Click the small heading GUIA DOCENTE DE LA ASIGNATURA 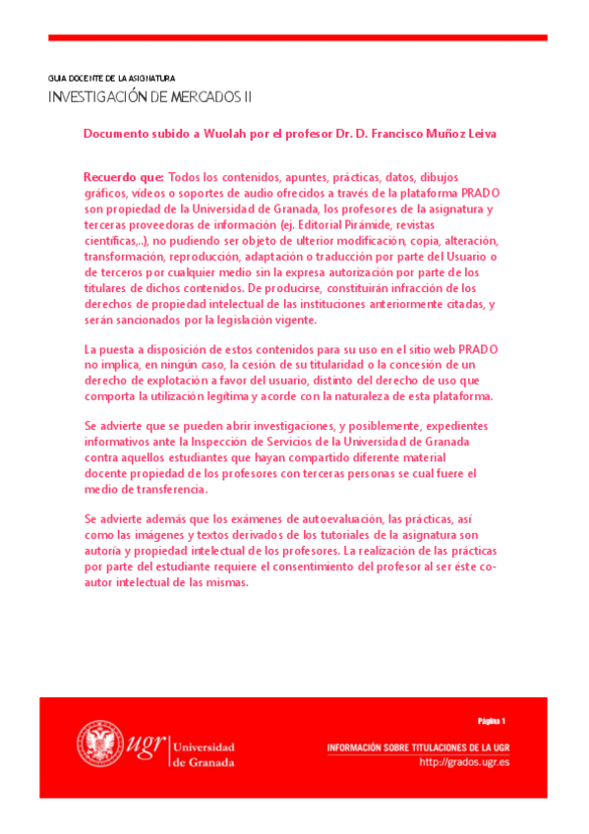tap(111, 77)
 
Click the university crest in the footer tap(98, 743)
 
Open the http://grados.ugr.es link tap(464, 761)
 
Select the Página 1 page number tap(491, 721)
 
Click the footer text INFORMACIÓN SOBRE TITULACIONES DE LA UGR tap(418, 747)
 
